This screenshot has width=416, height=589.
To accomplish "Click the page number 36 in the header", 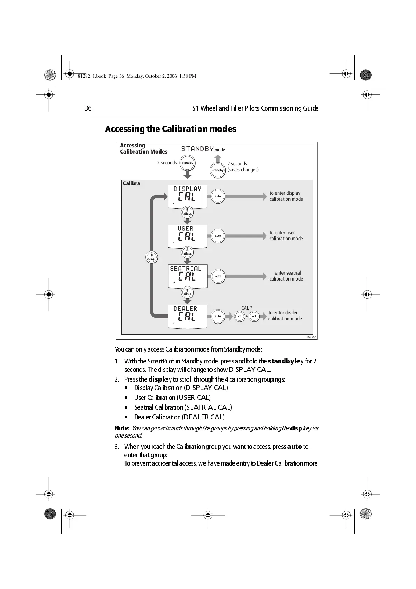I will [88, 108].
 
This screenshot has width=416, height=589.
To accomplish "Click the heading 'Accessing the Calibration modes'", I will [171, 129].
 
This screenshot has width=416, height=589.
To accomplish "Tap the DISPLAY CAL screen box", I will [187, 196].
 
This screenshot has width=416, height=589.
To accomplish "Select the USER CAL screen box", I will [187, 236].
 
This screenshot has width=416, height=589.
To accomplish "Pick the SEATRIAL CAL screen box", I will [188, 276].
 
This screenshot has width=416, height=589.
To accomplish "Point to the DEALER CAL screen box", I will [187, 316].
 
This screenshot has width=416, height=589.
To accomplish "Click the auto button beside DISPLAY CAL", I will [218, 196].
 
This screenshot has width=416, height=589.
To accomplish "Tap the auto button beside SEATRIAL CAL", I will [218, 276].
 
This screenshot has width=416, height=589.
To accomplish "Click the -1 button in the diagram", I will [239, 316].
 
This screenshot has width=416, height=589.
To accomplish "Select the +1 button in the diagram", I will [254, 316].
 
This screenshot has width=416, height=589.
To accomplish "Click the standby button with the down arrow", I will [187, 163].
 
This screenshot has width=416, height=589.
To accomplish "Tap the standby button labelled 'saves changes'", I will [217, 170].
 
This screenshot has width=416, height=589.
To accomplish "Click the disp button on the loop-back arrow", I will [152, 257].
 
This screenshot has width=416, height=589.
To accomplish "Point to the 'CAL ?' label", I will [246, 308].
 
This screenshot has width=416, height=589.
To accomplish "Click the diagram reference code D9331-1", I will [312, 337].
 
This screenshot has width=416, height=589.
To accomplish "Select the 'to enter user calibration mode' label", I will [286, 236].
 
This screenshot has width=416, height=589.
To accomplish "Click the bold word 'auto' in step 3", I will [294, 447].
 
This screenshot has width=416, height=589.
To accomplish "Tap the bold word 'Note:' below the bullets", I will [122, 428].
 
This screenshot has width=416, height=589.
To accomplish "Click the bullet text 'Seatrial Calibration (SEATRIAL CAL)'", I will [183, 407].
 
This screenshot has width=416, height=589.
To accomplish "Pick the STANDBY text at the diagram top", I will [197, 149].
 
